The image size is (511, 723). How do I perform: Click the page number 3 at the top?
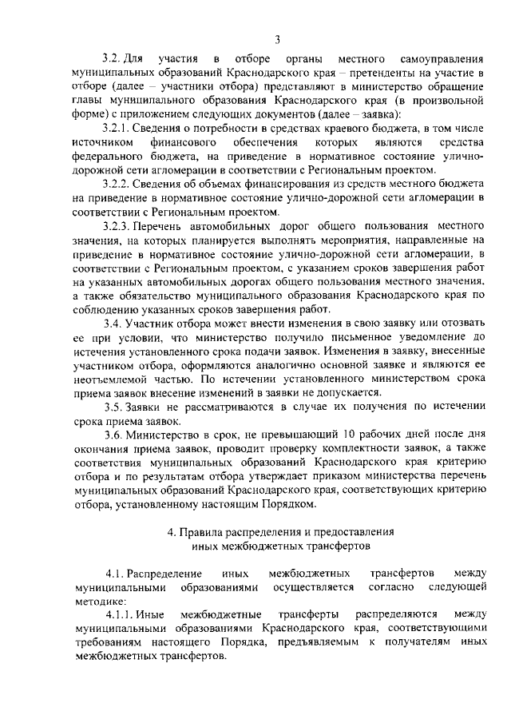click(x=276, y=40)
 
